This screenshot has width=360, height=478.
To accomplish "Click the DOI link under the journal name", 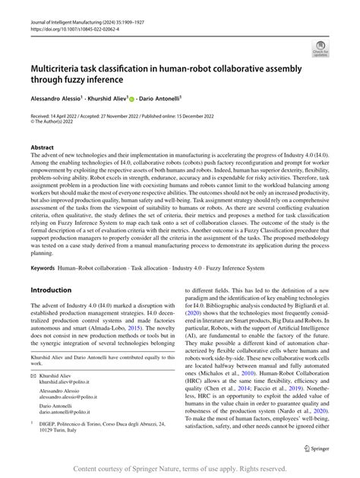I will [69, 33].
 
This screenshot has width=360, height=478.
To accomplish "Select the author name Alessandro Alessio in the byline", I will [56, 99].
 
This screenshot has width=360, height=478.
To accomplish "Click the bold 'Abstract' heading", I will [43, 147].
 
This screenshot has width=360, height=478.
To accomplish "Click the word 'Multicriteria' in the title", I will [63, 68].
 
